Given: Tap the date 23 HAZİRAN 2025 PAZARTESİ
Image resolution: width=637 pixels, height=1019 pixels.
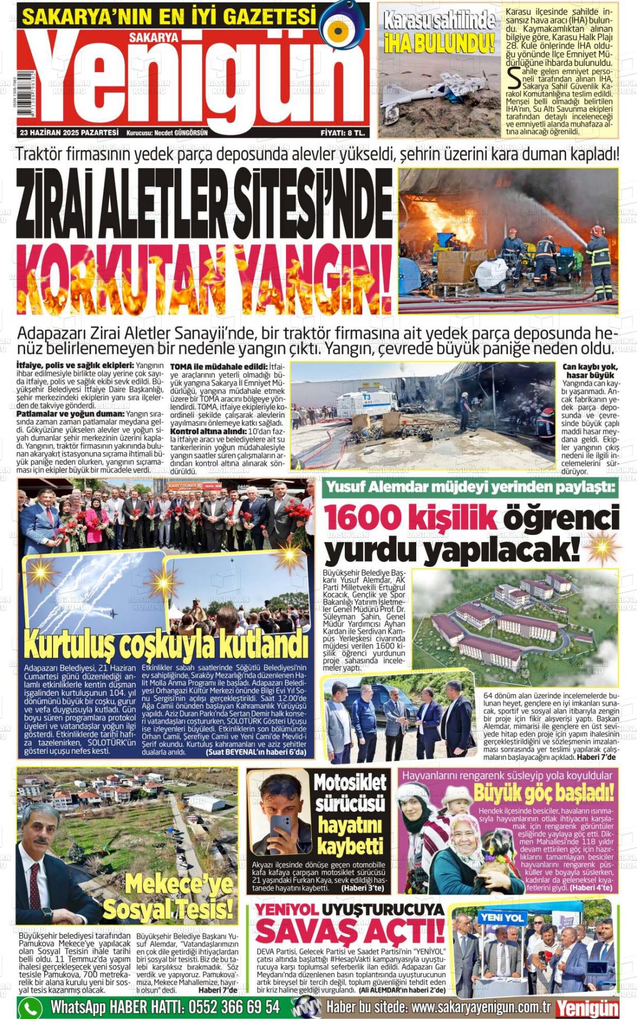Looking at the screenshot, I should pyautogui.click(x=69, y=133).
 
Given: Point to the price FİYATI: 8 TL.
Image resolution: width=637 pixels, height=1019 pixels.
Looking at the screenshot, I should pyautogui.click(x=343, y=133).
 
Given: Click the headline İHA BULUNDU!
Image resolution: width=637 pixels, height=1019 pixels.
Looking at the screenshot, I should pyautogui.click(x=440, y=42).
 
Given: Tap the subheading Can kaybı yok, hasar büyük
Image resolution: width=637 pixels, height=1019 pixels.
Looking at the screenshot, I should pyautogui.click(x=590, y=371).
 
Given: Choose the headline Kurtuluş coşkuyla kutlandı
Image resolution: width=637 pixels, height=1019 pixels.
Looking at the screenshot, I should pyautogui.click(x=166, y=645).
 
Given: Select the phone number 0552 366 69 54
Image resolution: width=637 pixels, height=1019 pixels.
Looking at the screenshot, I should pyautogui.click(x=234, y=1007).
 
